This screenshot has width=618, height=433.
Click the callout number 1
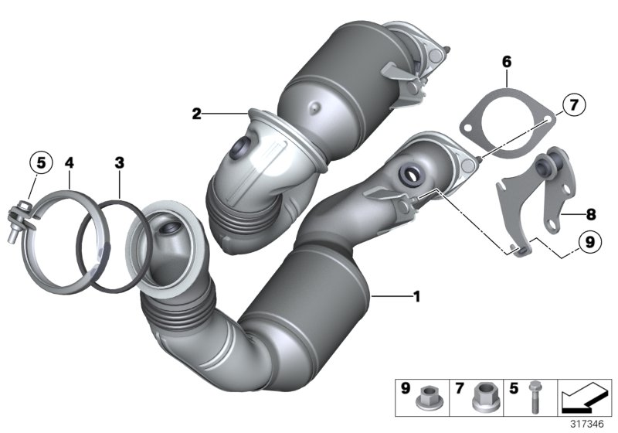click(x=417, y=295)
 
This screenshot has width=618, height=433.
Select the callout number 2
click(x=197, y=114)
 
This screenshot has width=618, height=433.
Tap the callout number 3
click(x=119, y=163)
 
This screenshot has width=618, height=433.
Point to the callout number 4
click(x=69, y=163)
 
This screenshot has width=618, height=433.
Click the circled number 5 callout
click(x=41, y=163)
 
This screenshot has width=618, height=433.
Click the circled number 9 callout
click(x=589, y=242)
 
